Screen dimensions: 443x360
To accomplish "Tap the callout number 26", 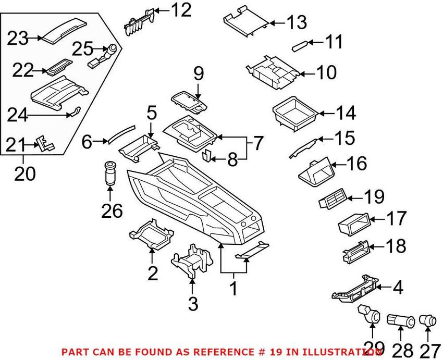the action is point(112,211).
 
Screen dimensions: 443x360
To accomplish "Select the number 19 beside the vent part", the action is point(374,196).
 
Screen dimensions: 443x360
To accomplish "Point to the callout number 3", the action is point(193,304).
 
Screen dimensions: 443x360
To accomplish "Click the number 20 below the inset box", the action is point(25,173).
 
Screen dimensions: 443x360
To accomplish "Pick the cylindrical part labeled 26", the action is point(109,173).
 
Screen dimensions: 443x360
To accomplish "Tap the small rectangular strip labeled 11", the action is point(301,45).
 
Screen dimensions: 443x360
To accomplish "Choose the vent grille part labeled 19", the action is point(333,200).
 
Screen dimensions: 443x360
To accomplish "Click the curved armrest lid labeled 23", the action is point(65,31).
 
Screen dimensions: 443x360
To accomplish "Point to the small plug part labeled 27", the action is point(426,321).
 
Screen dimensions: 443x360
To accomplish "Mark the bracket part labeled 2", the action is point(152,234).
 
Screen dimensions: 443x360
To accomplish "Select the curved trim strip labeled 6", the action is point(121,133).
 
